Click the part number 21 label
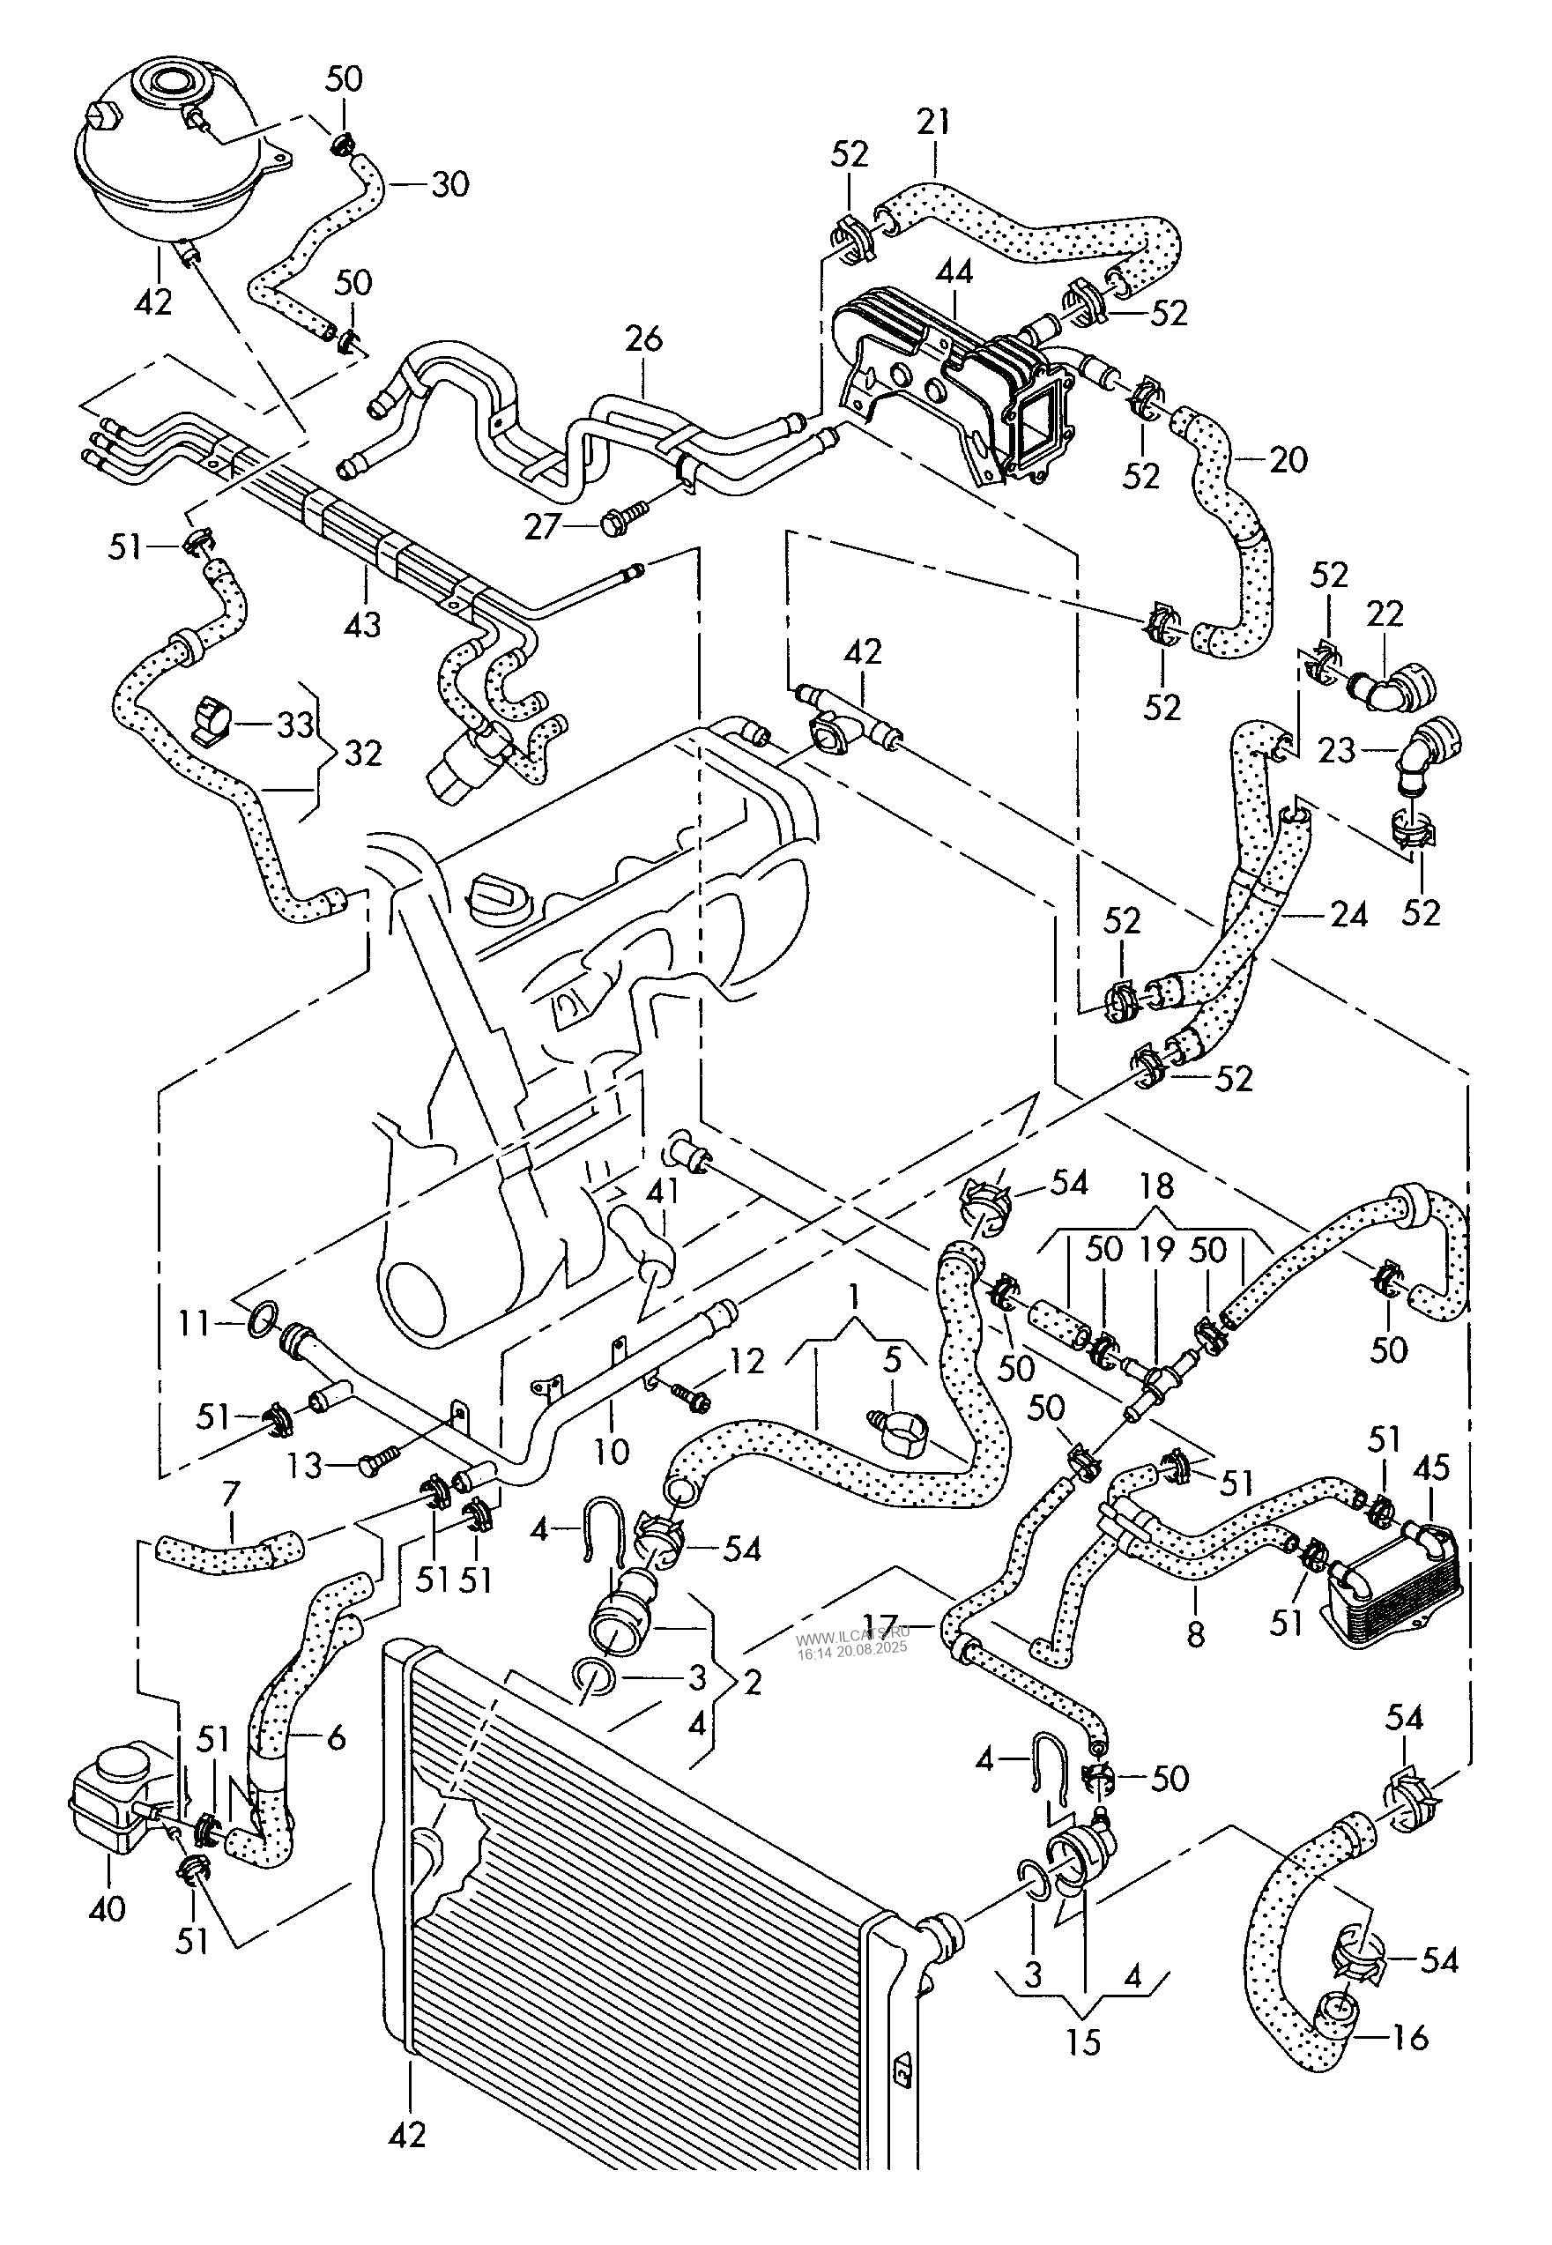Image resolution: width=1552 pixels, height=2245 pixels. pyautogui.click(x=932, y=123)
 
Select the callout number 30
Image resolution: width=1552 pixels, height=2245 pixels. pyautogui.click(x=449, y=183)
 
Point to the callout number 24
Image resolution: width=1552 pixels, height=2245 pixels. pyautogui.click(x=1348, y=914)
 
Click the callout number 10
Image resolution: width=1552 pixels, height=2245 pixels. pyautogui.click(x=613, y=1451)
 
